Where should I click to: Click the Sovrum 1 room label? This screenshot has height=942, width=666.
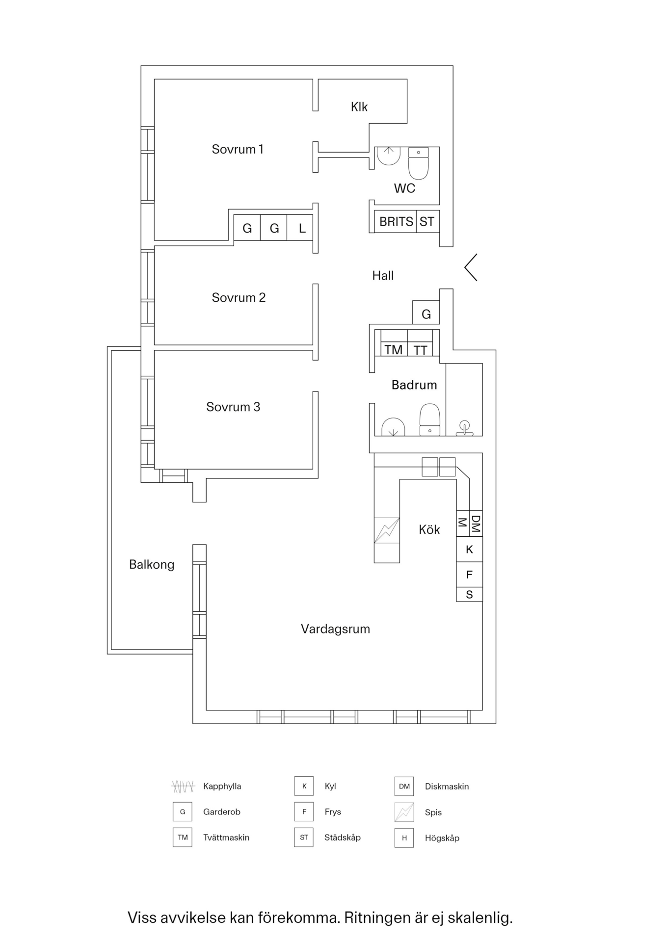pyautogui.click(x=238, y=149)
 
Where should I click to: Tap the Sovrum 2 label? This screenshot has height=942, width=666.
pyautogui.click(x=239, y=298)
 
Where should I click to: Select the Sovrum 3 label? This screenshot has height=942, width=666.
pyautogui.click(x=233, y=407)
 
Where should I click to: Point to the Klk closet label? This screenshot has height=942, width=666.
pyautogui.click(x=359, y=107)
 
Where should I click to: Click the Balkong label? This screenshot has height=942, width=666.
pyautogui.click(x=152, y=565)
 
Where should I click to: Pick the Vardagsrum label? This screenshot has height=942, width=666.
pyautogui.click(x=335, y=629)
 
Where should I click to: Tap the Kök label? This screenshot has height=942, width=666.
pyautogui.click(x=429, y=530)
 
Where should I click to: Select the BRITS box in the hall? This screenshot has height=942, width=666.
pyautogui.click(x=396, y=222)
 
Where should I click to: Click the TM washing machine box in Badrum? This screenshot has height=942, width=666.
pyautogui.click(x=394, y=349)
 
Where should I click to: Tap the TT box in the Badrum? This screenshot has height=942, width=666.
pyautogui.click(x=421, y=349)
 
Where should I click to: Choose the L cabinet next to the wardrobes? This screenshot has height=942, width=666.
pyautogui.click(x=302, y=228)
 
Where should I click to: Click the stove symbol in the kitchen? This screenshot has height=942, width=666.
pyautogui.click(x=387, y=530)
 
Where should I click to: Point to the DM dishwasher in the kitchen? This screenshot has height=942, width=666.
pyautogui.click(x=476, y=523)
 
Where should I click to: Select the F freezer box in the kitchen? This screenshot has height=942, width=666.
pyautogui.click(x=469, y=575)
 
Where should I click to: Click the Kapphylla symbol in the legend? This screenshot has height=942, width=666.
pyautogui.click(x=183, y=786)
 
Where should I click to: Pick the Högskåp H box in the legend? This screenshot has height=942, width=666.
pyautogui.click(x=404, y=838)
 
